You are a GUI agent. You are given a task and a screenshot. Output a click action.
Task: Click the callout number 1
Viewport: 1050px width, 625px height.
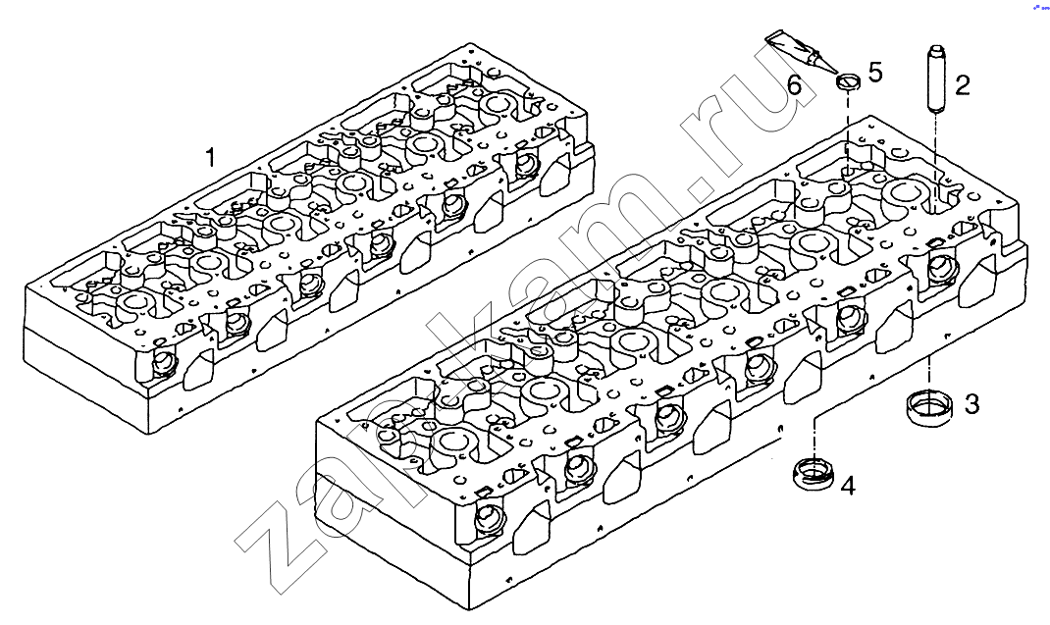click(x=209, y=157)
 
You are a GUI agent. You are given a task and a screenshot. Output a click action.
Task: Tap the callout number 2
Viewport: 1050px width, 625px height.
click(x=963, y=84)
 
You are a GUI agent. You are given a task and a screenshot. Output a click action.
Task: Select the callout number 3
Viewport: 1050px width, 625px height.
click(x=971, y=403)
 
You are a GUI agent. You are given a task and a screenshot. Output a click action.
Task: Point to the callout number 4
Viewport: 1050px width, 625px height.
click(x=847, y=485)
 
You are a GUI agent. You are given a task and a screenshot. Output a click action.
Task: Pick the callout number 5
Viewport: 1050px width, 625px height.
click(x=874, y=72)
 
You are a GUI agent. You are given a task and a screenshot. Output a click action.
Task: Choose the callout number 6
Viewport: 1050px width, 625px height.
click(x=795, y=85)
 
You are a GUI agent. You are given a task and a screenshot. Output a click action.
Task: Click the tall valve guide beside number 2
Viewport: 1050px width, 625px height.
click(x=933, y=78)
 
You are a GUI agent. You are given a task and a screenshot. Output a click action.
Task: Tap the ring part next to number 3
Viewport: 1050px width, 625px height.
click(x=927, y=405)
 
